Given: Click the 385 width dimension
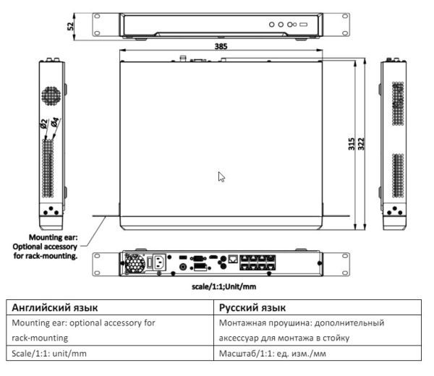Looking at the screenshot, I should (x=219, y=46).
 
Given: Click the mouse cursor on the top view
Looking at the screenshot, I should (x=222, y=176).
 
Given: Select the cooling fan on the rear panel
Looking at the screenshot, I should (x=133, y=263).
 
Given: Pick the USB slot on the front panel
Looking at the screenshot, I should (x=303, y=25).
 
